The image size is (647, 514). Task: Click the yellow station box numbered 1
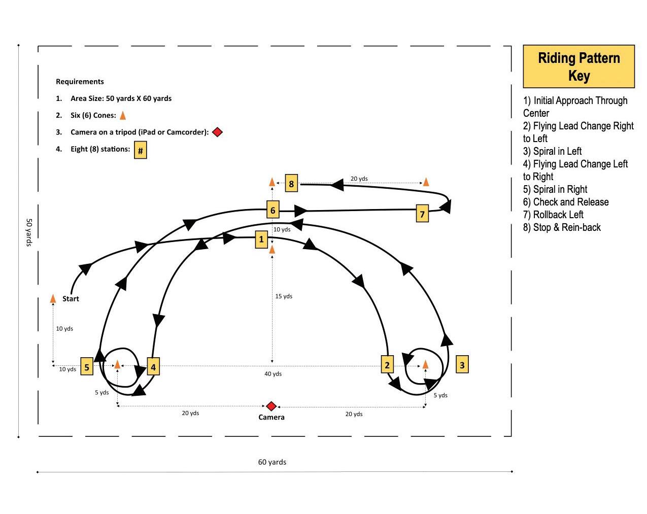[261, 239]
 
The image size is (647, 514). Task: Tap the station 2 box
[387, 364]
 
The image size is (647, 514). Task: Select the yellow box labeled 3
[462, 364]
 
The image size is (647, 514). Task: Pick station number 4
[153, 366]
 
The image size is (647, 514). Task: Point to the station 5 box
[87, 367]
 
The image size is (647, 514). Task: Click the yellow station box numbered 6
[273, 210]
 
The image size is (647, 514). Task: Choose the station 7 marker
[422, 214]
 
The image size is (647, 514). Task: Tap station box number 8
[291, 183]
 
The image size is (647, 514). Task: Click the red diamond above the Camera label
[271, 406]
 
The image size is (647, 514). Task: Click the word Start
[71, 298]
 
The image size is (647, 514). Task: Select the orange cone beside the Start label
[53, 298]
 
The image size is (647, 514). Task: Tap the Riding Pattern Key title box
[578, 66]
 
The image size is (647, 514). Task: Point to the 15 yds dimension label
[284, 296]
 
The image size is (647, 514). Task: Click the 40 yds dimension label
[273, 374]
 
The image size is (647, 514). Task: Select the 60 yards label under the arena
[272, 462]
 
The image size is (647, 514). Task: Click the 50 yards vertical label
[29, 232]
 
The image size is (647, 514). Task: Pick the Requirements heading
[80, 81]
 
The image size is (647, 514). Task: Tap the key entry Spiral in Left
[553, 151]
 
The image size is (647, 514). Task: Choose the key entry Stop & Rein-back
[562, 227]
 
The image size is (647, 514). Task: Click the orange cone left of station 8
[272, 182]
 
